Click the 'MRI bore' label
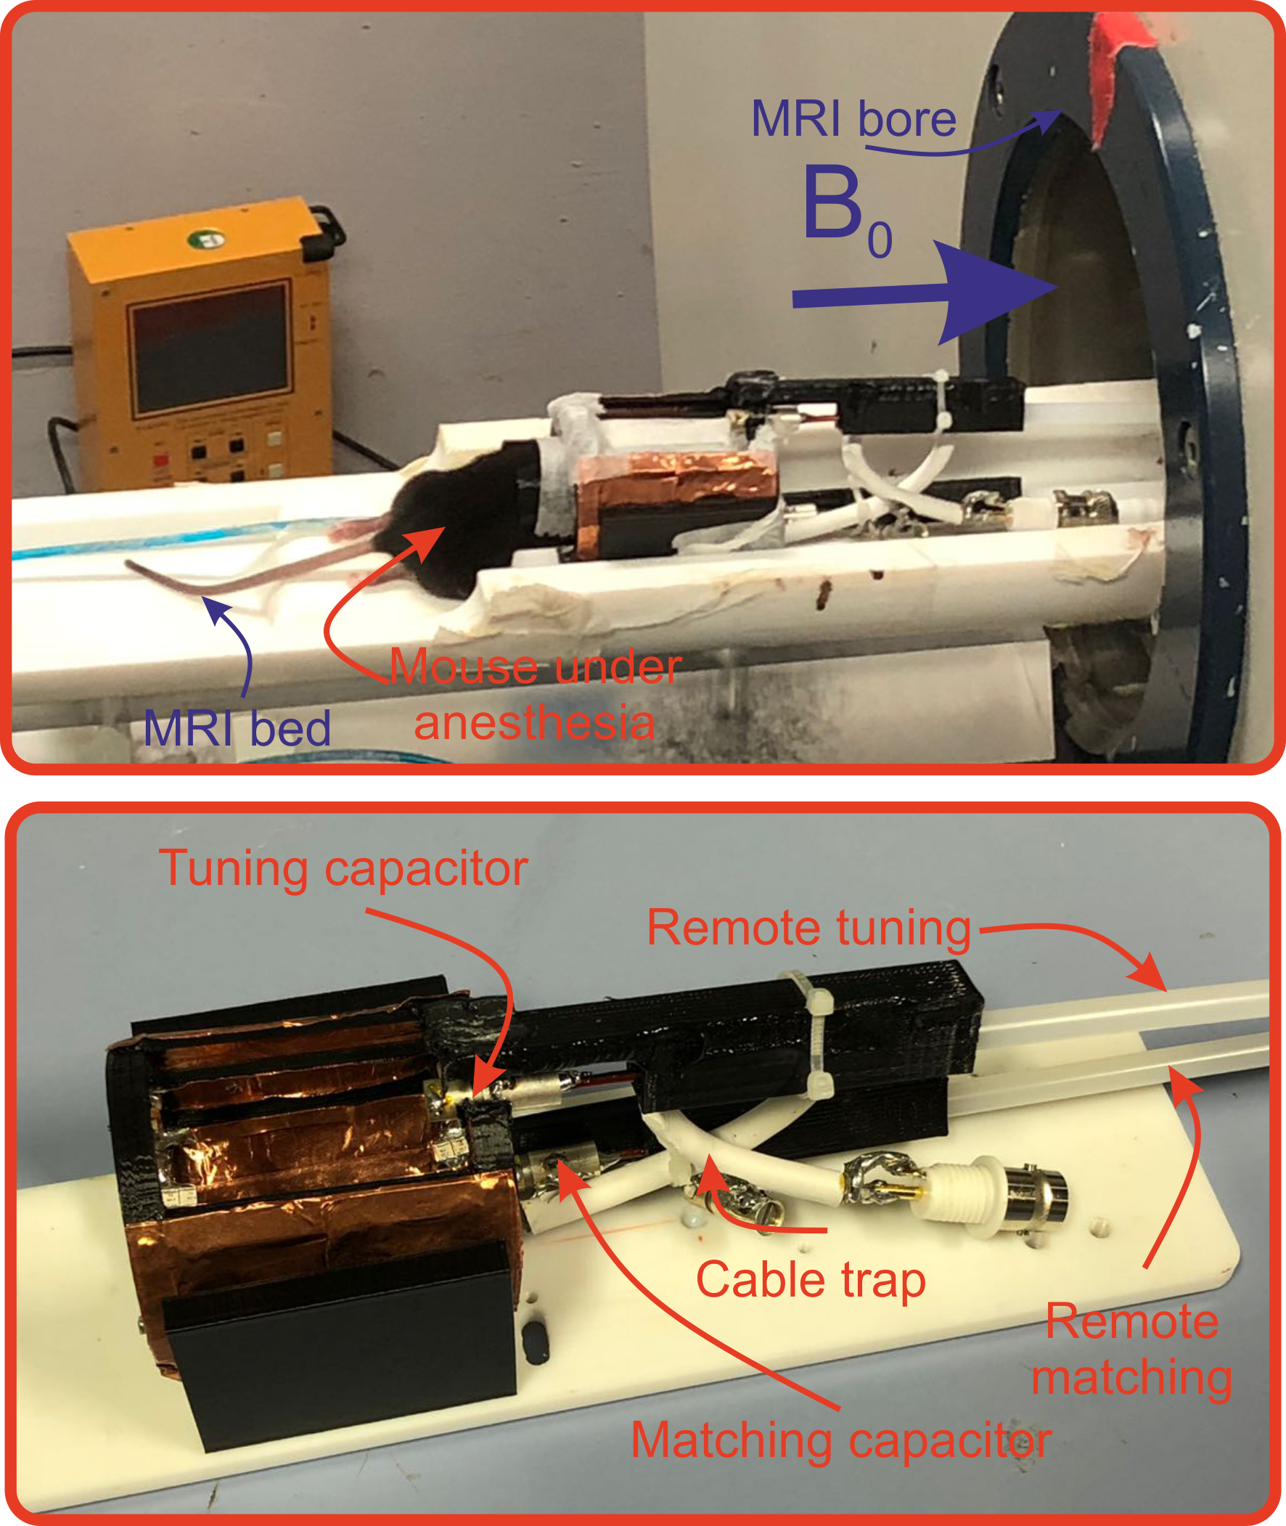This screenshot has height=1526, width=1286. tap(853, 119)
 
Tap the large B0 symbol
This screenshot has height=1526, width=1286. tap(845, 208)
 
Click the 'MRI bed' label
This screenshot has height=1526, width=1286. tap(237, 727)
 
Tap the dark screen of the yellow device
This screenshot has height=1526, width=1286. tap(209, 349)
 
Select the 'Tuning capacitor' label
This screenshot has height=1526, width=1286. tap(343, 868)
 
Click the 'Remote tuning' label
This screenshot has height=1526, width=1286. tap(808, 928)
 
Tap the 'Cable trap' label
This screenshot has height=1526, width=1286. tap(810, 1280)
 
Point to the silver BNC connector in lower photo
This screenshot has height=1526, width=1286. tap(1035, 1189)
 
